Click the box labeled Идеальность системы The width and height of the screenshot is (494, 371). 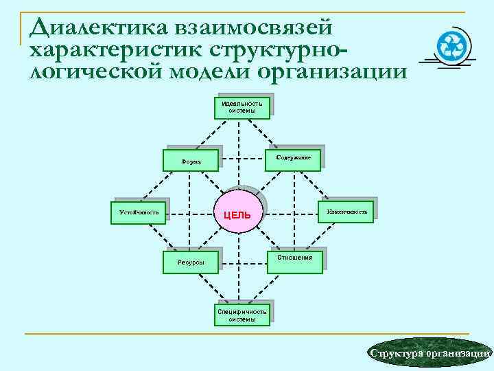point(244,107)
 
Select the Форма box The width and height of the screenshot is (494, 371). point(190,161)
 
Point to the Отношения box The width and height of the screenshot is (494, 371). point(294,258)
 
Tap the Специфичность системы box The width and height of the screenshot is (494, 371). point(244,315)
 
